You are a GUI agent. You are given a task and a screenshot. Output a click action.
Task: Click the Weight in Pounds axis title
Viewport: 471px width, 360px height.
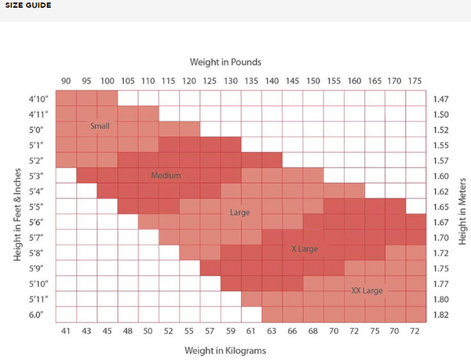225,61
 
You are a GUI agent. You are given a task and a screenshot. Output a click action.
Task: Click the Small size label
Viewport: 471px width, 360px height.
100,126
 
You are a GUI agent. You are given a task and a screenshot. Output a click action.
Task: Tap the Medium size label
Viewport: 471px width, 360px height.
166,176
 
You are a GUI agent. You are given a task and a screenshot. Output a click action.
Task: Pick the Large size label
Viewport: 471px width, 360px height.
239,213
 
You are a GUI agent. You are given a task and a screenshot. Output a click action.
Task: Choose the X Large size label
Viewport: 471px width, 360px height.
304,248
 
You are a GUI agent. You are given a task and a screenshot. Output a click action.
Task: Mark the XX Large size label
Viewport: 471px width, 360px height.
367,290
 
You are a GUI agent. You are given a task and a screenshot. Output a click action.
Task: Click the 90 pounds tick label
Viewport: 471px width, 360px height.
67,81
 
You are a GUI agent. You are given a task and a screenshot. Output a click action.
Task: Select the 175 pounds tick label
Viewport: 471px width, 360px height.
415,81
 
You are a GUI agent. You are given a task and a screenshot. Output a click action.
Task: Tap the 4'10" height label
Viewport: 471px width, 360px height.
37,100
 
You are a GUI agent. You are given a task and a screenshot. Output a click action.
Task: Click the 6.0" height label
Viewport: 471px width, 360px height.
37,315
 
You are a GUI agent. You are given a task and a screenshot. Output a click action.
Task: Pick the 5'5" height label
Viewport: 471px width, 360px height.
37,207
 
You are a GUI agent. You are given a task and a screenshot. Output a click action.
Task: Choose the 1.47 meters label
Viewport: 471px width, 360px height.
441,100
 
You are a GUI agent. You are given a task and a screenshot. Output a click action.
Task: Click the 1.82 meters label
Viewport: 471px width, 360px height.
441,315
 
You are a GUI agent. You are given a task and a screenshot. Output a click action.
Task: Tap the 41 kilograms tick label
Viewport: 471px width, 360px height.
67,330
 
